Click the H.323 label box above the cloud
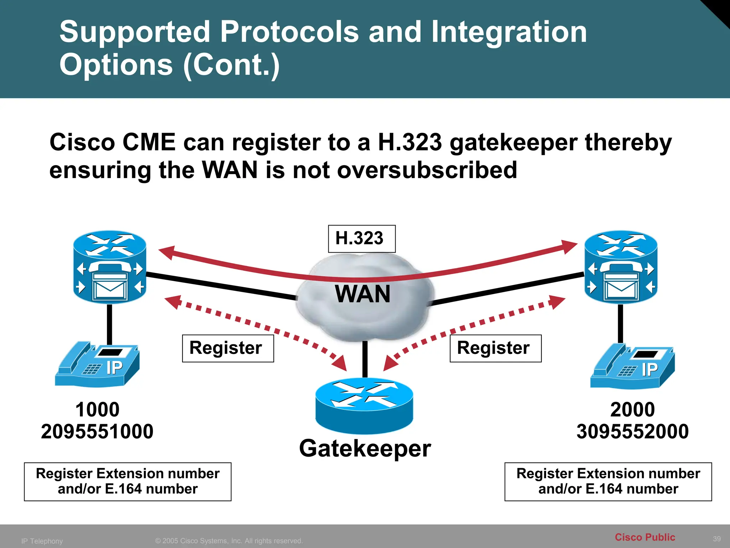click(361, 239)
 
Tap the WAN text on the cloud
click(363, 294)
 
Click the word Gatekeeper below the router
click(365, 448)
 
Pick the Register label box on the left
click(228, 348)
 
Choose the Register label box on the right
click(495, 348)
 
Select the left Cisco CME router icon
click(110, 267)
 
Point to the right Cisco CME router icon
click(621, 267)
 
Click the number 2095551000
click(97, 431)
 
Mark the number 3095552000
click(633, 431)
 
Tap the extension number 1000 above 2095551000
click(97, 410)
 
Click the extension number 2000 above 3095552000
click(633, 410)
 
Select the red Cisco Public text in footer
click(645, 537)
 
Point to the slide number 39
click(717, 539)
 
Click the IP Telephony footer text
click(42, 541)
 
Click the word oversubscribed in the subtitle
click(427, 170)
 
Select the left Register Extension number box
click(128, 482)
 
